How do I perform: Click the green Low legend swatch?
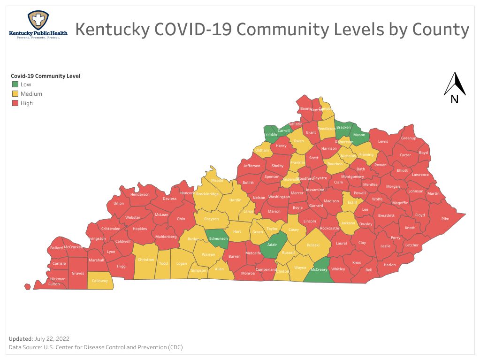point(15,84)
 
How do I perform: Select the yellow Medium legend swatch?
point(15,94)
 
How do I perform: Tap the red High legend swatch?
point(15,103)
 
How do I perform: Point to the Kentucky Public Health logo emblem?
point(38,21)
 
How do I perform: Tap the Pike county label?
point(445,219)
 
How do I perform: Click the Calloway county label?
point(100,281)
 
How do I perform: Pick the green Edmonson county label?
point(218,238)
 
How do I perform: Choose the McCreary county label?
point(319,269)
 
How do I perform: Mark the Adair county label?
point(272,245)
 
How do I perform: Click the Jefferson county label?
point(252,166)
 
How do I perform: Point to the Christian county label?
point(146,260)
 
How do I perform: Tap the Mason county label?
point(359,135)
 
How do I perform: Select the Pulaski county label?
point(313,245)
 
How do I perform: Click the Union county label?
point(119,203)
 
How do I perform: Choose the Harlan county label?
point(389,265)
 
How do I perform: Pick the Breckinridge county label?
point(207,193)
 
